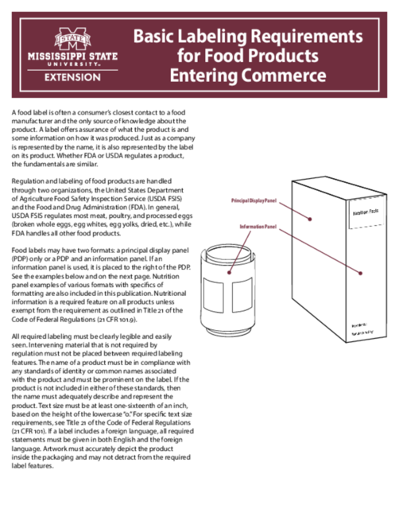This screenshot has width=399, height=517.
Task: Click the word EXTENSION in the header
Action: coord(72,77)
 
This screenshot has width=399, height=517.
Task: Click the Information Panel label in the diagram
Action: coord(257,227)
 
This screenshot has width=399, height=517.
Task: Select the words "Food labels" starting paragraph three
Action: coord(29,251)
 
